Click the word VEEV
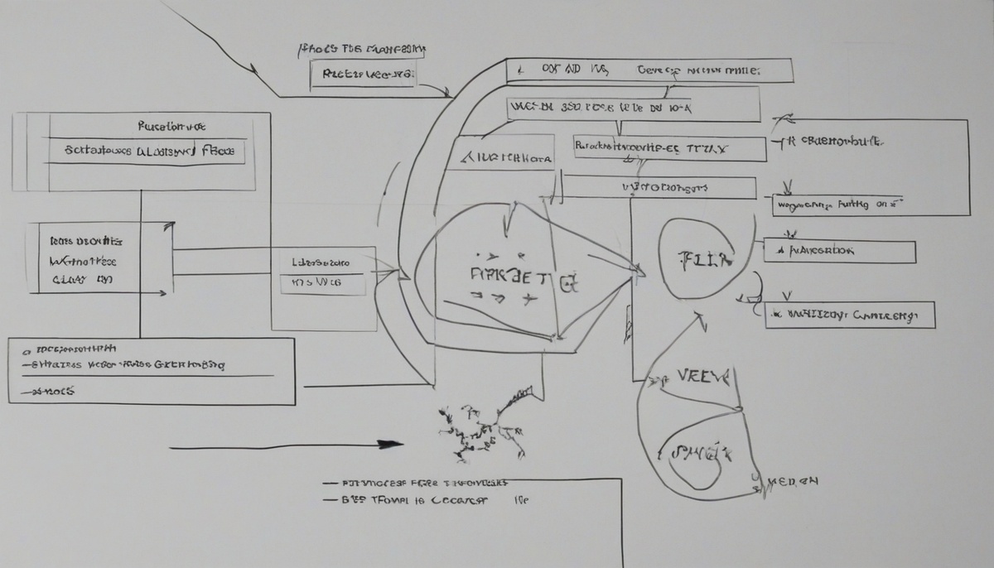point(703,378)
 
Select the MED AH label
point(793,481)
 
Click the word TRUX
point(712,149)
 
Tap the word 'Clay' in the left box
point(70,280)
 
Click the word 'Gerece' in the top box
point(659,71)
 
